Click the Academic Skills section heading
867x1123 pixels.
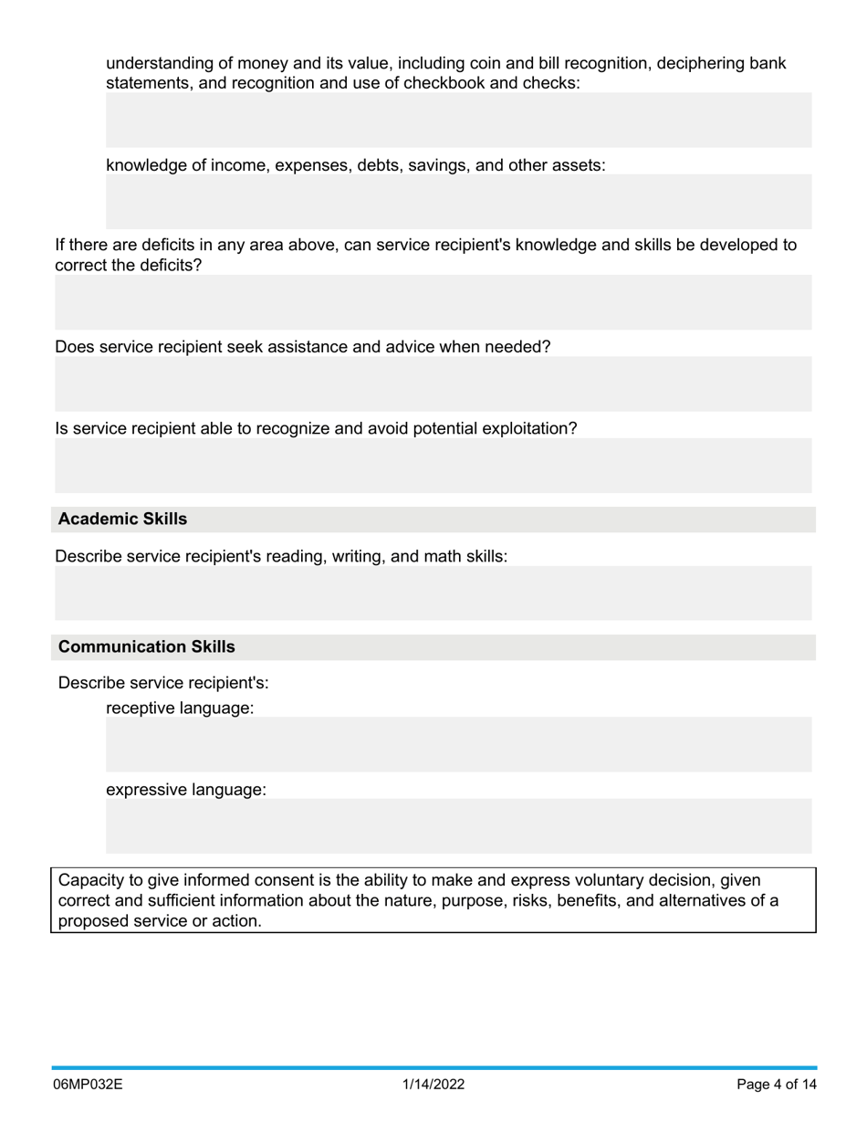(122, 520)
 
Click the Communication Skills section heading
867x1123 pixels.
(146, 647)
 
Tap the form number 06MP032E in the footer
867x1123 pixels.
(88, 1085)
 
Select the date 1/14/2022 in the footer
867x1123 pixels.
(433, 1085)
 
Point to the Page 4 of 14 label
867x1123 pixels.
(777, 1085)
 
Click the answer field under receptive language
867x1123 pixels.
(458, 744)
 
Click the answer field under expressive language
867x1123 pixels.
(458, 826)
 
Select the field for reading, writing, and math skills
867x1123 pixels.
(433, 593)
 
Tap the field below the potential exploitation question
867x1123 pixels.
(433, 466)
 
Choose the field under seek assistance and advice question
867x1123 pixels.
(433, 384)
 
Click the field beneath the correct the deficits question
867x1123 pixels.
(433, 302)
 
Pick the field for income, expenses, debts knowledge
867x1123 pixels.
(458, 202)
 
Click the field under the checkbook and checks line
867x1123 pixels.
(458, 120)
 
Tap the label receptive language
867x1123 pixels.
(180, 708)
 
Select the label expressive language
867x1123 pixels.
(186, 790)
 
